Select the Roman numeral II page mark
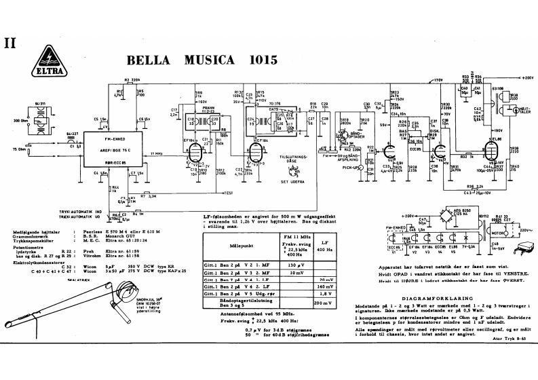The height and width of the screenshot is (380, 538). [10, 42]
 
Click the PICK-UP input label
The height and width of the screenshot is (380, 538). [350, 166]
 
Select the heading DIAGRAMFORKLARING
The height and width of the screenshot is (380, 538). [432, 298]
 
